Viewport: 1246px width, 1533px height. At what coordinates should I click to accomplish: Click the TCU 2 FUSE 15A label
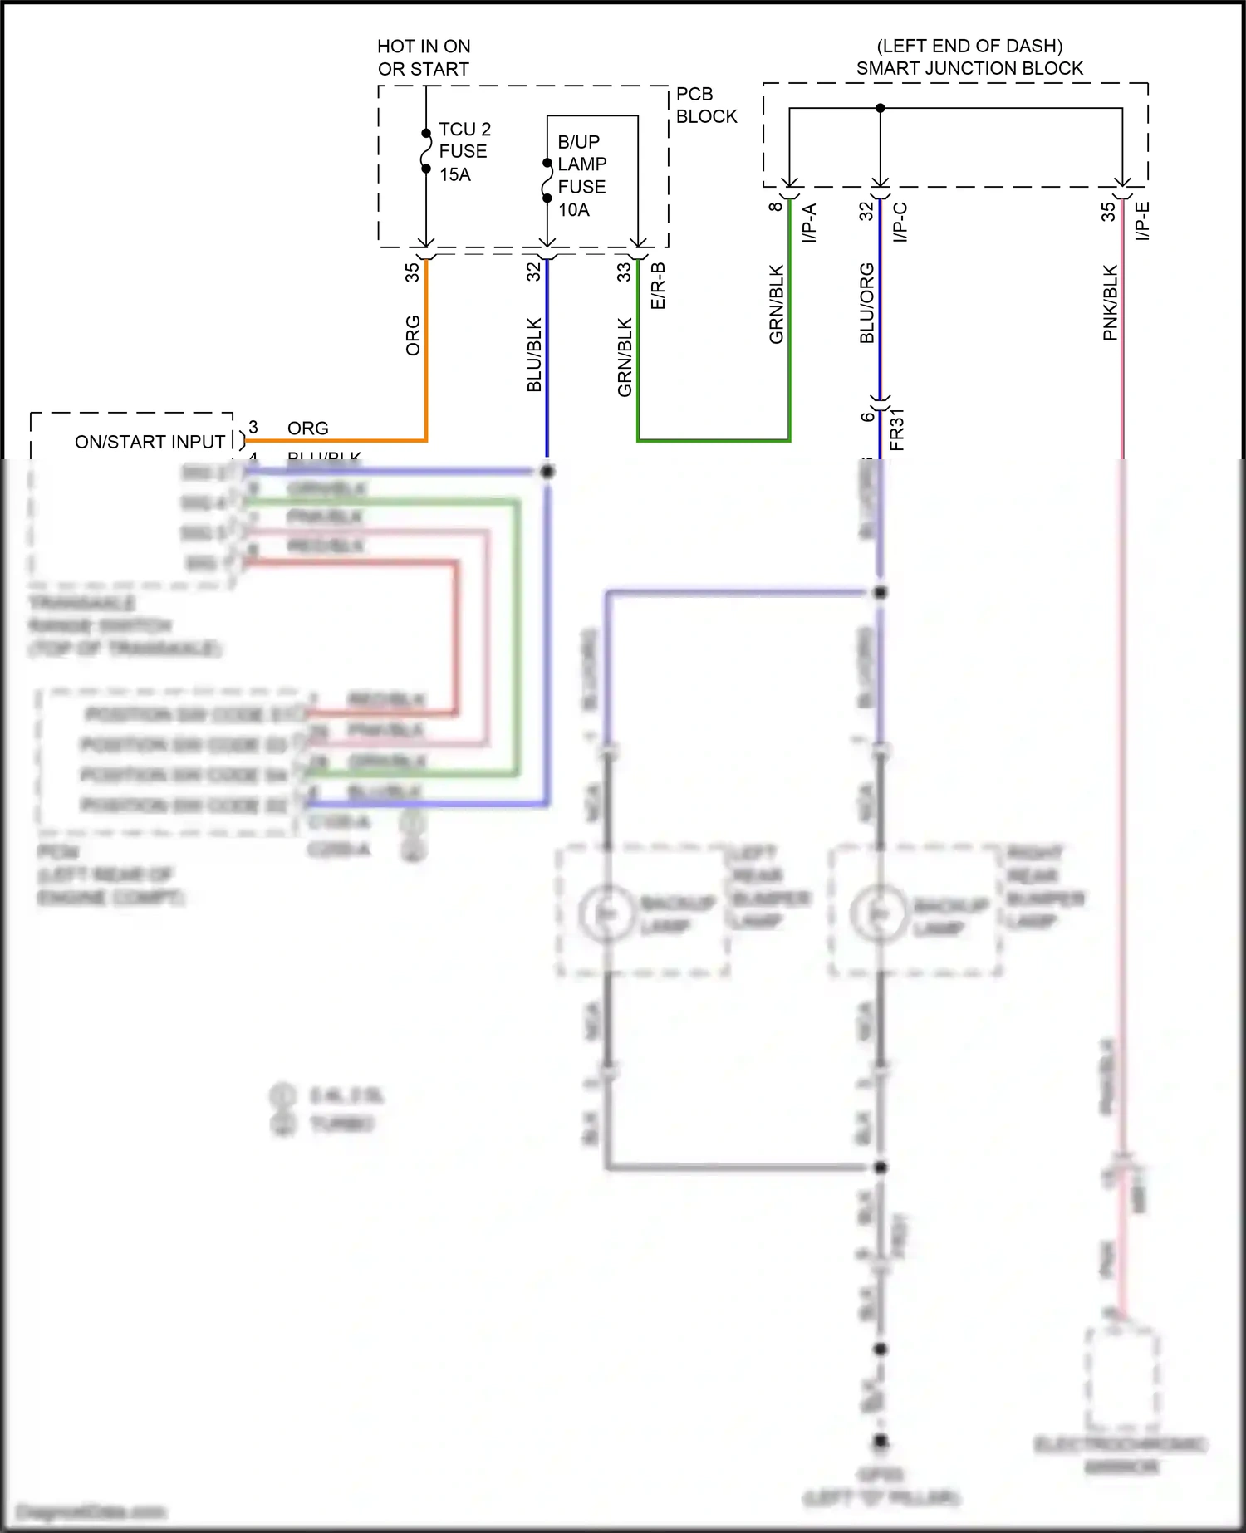464,152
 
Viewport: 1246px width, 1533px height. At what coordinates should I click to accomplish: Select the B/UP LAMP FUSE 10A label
581,175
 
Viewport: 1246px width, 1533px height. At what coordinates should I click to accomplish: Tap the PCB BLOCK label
705,105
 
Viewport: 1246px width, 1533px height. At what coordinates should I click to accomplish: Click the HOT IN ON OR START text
424,57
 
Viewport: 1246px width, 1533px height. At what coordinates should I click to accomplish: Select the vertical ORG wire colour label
413,335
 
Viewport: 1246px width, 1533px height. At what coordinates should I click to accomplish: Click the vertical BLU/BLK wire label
534,355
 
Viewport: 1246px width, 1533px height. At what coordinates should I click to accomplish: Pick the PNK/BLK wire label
1110,302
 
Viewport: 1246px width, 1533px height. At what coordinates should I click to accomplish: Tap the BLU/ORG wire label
866,303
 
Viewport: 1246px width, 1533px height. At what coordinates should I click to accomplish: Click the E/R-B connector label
658,286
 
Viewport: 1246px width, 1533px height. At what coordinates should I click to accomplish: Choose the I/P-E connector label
1143,221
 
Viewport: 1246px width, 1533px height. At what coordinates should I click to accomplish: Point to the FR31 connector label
896,429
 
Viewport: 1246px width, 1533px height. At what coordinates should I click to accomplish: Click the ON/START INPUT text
150,442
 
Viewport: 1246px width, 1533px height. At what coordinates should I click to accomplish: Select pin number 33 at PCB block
624,272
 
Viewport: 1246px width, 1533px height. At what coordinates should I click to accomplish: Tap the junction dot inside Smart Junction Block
881,108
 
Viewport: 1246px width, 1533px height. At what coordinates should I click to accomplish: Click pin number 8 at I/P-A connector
775,206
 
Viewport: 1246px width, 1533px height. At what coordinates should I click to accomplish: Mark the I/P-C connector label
900,222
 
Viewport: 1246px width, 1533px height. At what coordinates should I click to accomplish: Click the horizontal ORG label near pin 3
307,428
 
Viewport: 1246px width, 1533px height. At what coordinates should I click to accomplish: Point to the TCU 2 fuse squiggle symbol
426,151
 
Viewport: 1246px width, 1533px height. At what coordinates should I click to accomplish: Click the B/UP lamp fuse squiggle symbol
547,180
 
